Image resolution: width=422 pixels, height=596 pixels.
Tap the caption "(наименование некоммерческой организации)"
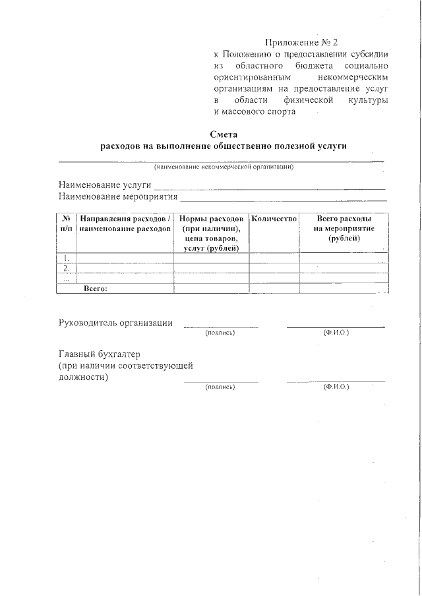click(224, 167)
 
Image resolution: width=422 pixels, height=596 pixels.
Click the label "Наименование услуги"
click(105, 186)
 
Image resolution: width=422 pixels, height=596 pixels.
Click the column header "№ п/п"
click(67, 223)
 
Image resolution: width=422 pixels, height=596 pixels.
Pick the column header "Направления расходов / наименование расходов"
click(125, 223)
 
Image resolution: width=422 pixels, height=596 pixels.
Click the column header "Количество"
click(274, 219)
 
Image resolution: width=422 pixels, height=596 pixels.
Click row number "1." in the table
click(67, 258)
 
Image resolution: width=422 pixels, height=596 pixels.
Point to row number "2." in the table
click(67, 268)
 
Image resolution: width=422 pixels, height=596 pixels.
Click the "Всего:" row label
click(96, 288)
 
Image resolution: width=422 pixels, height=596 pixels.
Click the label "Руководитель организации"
click(116, 323)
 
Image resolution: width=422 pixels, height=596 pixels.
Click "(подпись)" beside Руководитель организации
click(220, 333)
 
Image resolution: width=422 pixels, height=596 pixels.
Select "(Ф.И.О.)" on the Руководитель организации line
click(336, 332)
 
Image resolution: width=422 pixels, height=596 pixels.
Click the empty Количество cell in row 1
click(274, 258)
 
